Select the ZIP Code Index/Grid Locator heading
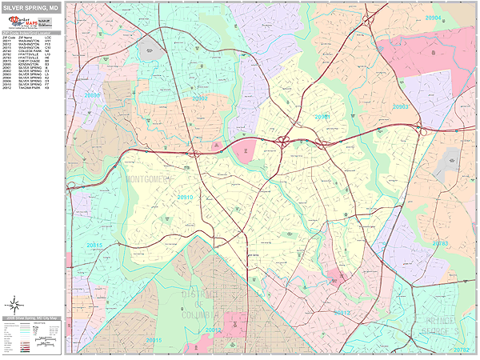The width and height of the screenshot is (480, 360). click(32, 33)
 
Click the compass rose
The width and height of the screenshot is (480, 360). click(14, 304)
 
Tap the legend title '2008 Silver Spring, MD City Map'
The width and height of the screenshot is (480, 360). click(32, 318)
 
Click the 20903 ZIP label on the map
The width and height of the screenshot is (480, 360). click(401, 106)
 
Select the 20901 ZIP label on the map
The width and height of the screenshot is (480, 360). click(322, 117)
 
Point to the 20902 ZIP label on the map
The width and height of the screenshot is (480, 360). click(199, 98)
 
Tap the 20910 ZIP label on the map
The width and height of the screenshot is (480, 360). click(186, 197)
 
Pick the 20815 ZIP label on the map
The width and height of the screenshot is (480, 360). click(94, 244)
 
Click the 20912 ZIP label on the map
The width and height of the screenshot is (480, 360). click(342, 312)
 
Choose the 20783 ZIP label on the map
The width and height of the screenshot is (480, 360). click(441, 242)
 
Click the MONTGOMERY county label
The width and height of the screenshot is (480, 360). click(148, 180)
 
